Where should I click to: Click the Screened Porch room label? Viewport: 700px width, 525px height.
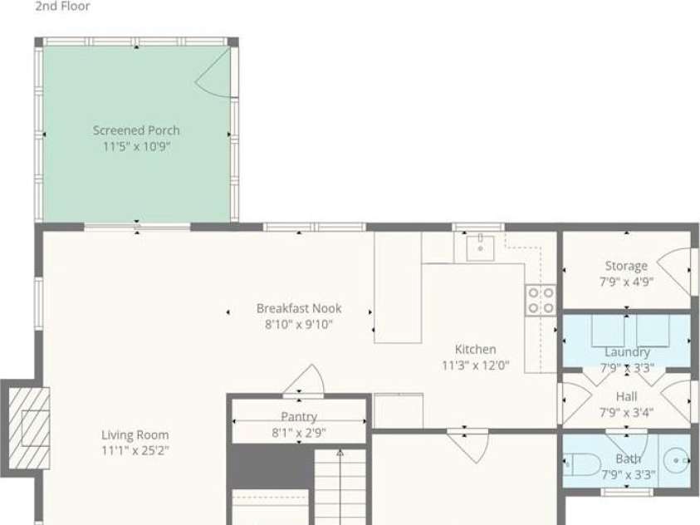coord(136,130)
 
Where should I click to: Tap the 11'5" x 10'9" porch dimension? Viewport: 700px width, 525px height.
coord(137,146)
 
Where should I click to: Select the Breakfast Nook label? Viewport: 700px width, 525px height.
coord(299,308)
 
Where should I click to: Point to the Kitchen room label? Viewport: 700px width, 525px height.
coord(476,349)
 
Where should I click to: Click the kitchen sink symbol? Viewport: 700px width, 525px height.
coord(480,248)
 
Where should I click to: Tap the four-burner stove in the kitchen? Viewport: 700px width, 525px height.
coord(541,301)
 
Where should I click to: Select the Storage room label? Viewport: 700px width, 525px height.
coord(626,266)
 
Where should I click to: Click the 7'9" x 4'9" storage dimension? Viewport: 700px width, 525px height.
coord(627,282)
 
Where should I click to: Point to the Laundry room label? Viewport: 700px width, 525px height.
coord(627,352)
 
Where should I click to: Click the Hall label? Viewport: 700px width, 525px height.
coord(627,396)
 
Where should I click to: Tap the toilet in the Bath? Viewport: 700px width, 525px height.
coord(582,464)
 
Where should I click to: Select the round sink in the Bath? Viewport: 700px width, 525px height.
coord(677,460)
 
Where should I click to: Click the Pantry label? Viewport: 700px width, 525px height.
coord(299,416)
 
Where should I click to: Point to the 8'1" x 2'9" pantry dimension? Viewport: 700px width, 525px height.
coord(299,433)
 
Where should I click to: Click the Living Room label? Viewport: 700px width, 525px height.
coord(135,434)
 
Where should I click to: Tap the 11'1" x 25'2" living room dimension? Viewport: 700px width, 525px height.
coord(135,450)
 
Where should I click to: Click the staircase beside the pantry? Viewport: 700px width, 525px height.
coord(340,488)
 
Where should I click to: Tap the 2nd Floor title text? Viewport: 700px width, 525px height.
coord(62,7)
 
